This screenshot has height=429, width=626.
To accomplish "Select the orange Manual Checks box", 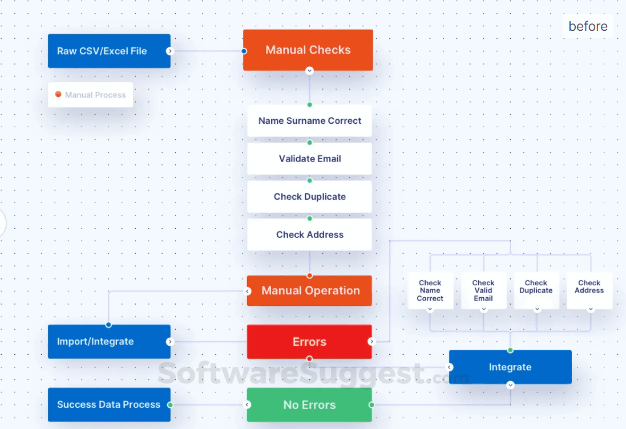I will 308,50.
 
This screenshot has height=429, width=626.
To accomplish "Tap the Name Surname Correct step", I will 309,121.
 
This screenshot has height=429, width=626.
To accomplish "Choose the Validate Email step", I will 309,159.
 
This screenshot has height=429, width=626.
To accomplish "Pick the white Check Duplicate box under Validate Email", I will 309,197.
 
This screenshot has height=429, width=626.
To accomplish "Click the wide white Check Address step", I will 309,234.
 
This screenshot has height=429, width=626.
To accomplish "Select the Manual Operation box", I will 310,291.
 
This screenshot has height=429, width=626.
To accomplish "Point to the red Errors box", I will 309,342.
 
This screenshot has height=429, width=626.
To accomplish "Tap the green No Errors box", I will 309,405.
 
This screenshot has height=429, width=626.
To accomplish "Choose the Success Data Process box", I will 109,404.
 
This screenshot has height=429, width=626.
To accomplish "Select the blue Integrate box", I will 510,367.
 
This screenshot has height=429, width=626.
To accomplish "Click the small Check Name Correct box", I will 430,290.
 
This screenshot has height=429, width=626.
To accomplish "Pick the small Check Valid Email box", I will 483,290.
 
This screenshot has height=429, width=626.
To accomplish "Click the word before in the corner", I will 588,26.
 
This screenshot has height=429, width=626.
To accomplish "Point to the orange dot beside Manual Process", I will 58,94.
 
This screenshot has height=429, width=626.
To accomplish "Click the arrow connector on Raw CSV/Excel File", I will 169,51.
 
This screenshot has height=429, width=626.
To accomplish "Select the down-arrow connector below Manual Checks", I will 309,71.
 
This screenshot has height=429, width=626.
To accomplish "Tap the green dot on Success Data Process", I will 170,404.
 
